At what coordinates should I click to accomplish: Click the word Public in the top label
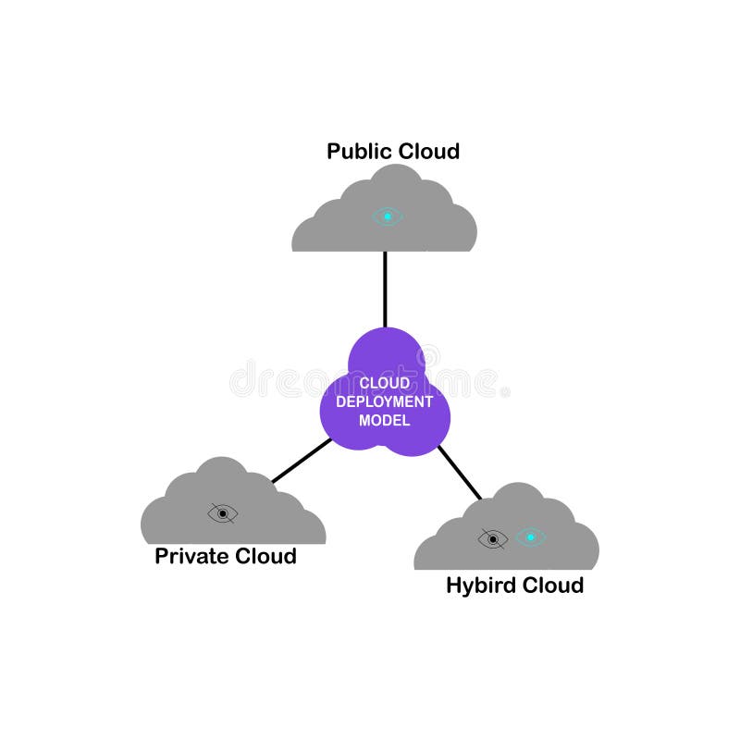click(360, 151)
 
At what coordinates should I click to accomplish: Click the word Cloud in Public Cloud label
click(427, 151)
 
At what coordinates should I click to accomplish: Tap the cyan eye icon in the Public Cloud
click(388, 216)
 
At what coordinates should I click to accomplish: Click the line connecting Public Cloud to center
click(385, 289)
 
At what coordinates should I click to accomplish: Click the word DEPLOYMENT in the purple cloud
click(384, 401)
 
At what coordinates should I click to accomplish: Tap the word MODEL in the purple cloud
click(384, 420)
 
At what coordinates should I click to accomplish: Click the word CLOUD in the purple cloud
click(384, 383)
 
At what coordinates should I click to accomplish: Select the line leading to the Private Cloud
click(301, 461)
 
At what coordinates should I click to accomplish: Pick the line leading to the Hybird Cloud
click(460, 473)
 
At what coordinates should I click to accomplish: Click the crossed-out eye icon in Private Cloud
click(223, 513)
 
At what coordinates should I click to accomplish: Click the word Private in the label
click(191, 556)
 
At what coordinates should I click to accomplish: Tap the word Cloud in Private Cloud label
click(265, 556)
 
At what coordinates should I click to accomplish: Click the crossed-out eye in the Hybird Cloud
click(493, 538)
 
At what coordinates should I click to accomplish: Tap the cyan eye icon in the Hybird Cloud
click(530, 537)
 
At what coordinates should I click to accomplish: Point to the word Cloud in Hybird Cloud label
click(553, 586)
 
